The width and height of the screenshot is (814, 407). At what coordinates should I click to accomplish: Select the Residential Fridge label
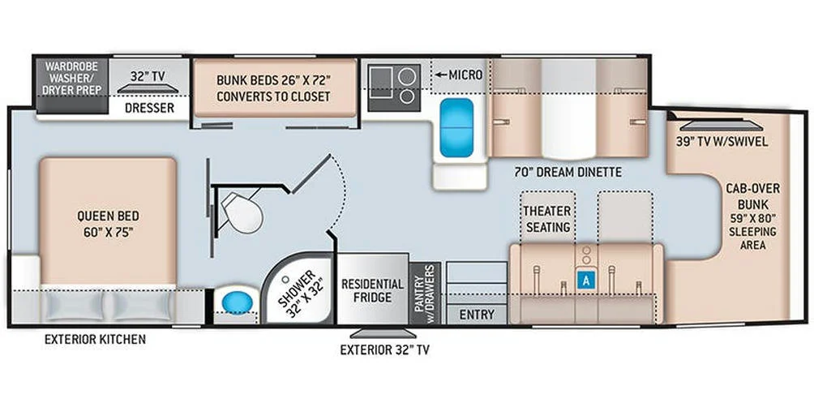coord(372,290)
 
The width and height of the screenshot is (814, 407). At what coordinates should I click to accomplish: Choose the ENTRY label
coord(476,314)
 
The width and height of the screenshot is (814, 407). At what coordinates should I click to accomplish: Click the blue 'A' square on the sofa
coord(585,279)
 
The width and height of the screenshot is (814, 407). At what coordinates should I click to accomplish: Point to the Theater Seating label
coord(547,220)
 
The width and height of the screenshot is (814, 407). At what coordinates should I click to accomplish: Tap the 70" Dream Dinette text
coord(568,171)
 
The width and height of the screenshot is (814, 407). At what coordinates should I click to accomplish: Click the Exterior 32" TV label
coord(383,350)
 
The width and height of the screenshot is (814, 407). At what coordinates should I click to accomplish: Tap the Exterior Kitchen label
coord(96,338)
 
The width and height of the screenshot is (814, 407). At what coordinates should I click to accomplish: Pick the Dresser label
coord(149,107)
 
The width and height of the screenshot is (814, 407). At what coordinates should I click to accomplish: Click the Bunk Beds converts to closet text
coord(273,88)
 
